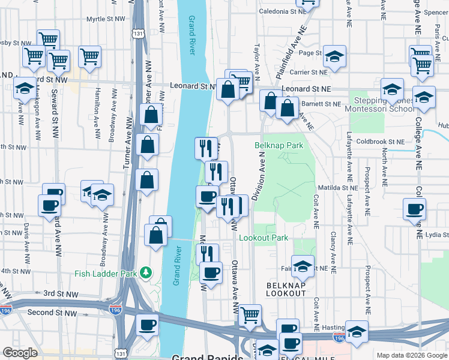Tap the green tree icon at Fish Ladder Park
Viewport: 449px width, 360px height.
click(145, 274)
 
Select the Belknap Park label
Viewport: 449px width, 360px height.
click(279, 145)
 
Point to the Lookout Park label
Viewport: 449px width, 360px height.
click(264, 238)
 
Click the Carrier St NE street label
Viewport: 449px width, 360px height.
click(307, 72)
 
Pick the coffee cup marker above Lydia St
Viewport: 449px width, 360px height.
click(415, 209)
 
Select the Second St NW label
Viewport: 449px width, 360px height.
click(52, 313)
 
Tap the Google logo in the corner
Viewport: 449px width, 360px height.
click(20, 353)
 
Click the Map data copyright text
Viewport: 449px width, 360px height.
click(411, 355)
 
